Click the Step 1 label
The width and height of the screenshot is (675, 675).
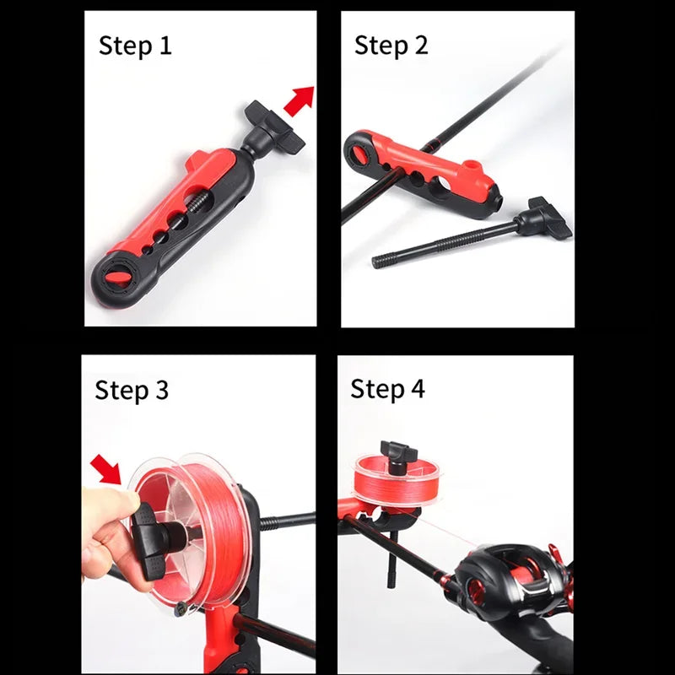(x=135, y=46)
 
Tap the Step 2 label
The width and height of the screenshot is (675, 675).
(x=391, y=46)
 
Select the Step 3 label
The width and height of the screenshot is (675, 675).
(x=132, y=390)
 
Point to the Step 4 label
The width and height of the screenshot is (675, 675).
(x=387, y=389)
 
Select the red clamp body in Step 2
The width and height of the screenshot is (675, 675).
(x=439, y=169)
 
